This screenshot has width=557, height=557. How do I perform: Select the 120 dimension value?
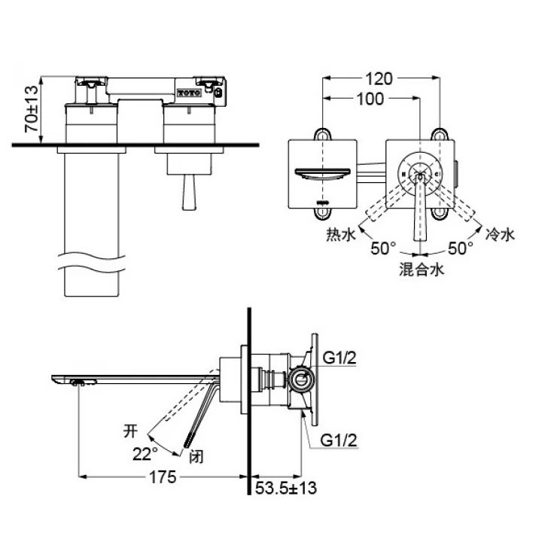[x=382, y=78]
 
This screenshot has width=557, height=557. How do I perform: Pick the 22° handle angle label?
[x=145, y=454]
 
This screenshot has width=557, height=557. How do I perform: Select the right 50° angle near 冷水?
[x=460, y=248]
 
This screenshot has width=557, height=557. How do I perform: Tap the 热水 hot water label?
[x=341, y=236]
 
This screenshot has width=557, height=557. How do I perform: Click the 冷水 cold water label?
[x=500, y=236]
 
